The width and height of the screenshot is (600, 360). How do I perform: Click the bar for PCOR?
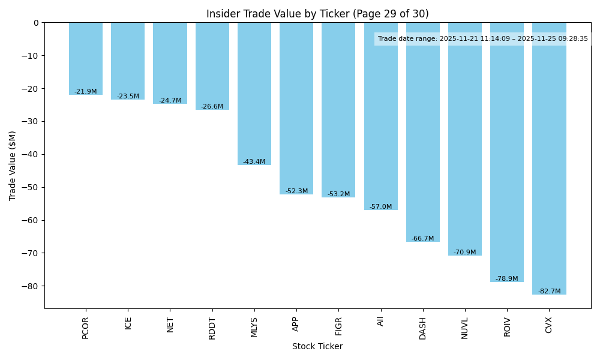(x=86, y=58)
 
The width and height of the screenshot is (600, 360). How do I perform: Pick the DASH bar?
(x=423, y=132)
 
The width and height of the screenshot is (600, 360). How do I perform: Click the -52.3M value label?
(x=296, y=191)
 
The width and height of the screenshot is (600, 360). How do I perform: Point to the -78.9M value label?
(x=507, y=278)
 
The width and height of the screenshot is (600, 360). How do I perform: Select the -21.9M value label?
(x=86, y=91)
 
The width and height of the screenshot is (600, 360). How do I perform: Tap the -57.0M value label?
(x=380, y=206)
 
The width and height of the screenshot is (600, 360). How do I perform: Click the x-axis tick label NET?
(x=170, y=324)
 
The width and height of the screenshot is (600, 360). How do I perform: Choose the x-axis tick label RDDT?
(x=212, y=328)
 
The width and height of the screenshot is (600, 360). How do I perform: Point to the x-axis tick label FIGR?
(x=338, y=327)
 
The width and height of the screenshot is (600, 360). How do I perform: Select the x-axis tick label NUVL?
(x=465, y=328)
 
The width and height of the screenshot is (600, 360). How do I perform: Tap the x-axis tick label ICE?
(x=128, y=323)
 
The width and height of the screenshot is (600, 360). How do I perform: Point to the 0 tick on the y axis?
(x=36, y=23)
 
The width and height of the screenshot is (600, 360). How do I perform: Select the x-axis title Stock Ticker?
(x=317, y=346)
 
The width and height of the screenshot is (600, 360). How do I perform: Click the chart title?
(x=317, y=14)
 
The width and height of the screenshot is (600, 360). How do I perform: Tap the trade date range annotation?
(x=483, y=38)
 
